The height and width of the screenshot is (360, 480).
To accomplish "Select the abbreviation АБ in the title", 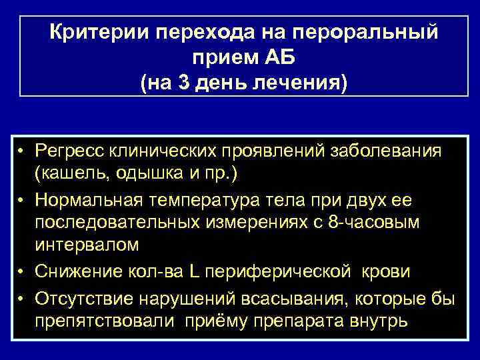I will (286, 57).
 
